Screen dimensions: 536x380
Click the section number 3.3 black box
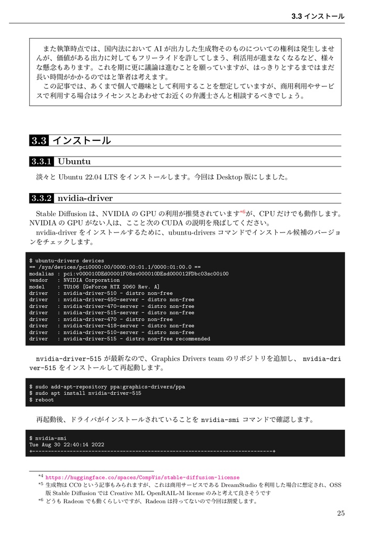coord(39,141)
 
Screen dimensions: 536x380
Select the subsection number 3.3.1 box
coord(41,161)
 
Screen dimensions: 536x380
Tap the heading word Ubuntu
coord(74,161)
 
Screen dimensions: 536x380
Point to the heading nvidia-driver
coord(85,198)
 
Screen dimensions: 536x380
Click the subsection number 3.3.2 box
coord(41,198)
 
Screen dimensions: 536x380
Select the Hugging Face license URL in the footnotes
coord(143,477)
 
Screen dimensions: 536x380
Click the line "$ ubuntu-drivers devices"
coord(67,261)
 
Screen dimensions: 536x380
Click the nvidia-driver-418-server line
coord(112,326)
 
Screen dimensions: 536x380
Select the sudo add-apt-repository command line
coord(107,387)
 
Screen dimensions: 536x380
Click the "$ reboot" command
coord(41,400)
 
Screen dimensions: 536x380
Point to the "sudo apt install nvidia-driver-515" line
coord(85,393)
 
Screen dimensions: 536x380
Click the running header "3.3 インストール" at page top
coord(318,16)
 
